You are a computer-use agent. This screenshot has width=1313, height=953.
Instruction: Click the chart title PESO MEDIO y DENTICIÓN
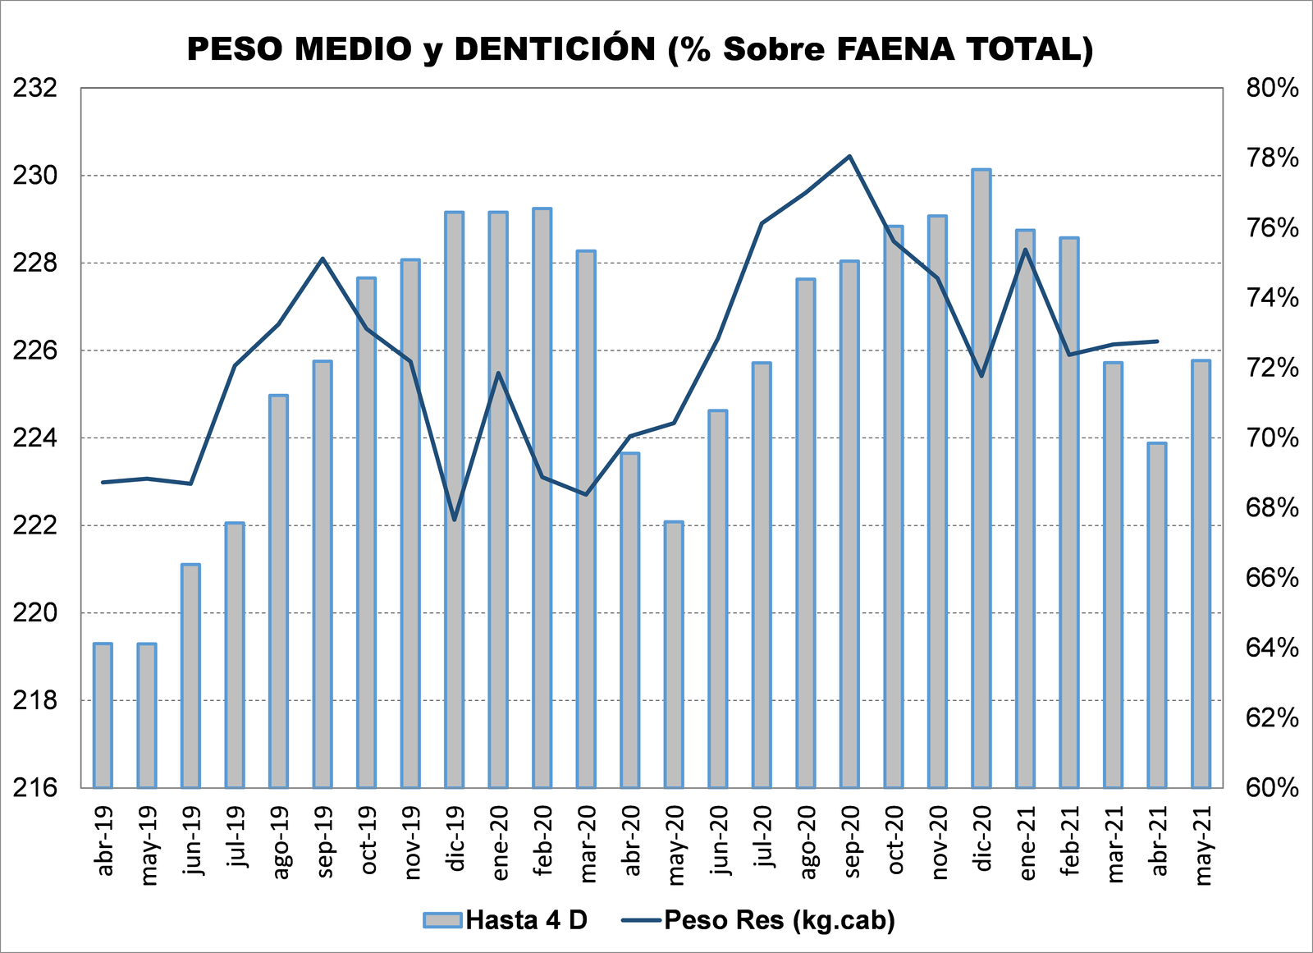tap(640, 49)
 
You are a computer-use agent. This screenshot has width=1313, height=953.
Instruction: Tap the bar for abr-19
tap(103, 715)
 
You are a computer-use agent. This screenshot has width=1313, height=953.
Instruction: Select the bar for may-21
tap(1201, 574)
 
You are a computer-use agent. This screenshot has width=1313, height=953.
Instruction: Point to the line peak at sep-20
tap(849, 155)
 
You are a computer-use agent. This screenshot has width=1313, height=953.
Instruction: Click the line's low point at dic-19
tap(454, 520)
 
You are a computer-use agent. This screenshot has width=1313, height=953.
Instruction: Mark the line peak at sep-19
tap(323, 259)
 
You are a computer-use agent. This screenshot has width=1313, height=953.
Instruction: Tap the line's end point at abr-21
tap(1157, 341)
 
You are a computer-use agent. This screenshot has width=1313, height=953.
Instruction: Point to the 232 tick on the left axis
tap(35, 87)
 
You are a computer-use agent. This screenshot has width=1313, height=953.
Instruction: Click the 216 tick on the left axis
tap(35, 788)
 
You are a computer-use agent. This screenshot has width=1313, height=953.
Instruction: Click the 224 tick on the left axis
tap(35, 438)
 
